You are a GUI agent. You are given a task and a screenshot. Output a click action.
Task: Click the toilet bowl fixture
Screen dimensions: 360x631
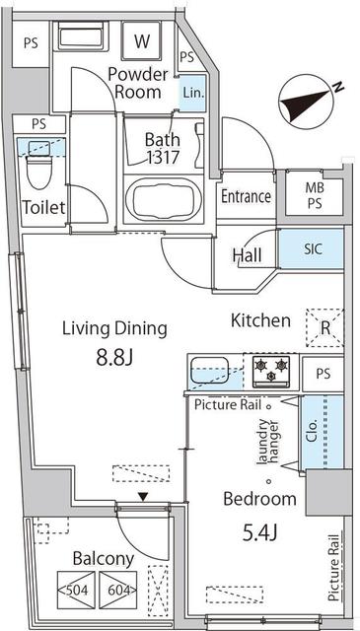tap(39, 168)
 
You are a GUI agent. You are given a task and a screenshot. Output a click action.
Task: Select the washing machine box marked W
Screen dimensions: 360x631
tap(142, 41)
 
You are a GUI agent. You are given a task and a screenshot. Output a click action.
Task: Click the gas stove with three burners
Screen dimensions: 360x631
tap(271, 371)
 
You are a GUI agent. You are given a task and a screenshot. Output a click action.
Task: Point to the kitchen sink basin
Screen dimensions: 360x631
tap(210, 370)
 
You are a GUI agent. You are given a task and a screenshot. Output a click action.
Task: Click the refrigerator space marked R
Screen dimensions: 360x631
tap(324, 327)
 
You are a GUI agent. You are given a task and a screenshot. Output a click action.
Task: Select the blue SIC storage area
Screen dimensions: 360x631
tap(312, 249)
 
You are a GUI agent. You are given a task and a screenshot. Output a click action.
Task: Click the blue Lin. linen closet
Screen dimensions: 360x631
tap(192, 94)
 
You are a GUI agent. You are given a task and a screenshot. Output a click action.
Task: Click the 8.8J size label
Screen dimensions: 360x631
tap(114, 357)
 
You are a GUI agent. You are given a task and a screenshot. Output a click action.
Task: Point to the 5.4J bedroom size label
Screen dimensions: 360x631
tap(260, 533)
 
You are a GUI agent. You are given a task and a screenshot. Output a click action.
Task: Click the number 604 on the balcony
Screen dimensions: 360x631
tap(117, 591)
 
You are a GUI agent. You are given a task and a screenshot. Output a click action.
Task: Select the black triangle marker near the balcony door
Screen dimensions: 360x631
tap(143, 497)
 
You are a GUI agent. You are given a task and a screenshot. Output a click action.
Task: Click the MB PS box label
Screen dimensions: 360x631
tap(315, 195)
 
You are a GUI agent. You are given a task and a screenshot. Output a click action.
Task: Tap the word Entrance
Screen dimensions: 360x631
tap(246, 197)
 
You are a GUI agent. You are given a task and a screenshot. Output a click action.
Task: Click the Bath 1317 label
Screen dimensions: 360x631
tap(163, 148)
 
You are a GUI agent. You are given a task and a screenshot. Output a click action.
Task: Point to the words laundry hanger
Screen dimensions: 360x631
tap(268, 443)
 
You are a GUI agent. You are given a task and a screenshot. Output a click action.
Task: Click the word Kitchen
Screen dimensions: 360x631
tap(260, 320)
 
